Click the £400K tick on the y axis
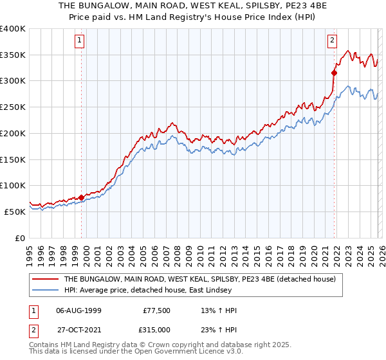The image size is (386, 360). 13,29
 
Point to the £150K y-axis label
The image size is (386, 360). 13,159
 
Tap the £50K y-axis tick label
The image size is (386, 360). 15,212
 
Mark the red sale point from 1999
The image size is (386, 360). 81,197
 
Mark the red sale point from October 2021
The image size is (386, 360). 334,73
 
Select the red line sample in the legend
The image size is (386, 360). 46,280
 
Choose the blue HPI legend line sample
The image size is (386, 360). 46,291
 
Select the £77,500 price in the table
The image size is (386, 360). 156,310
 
